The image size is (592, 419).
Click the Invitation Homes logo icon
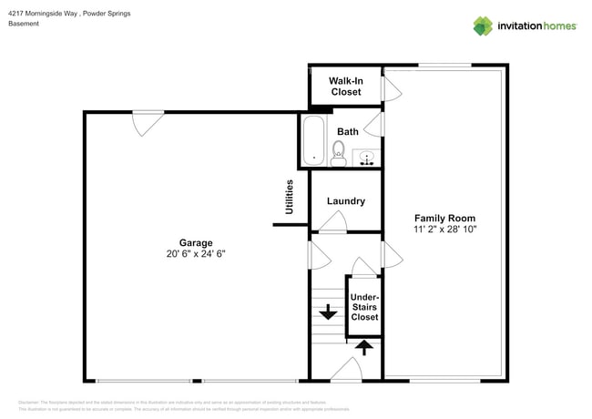click(x=483, y=26)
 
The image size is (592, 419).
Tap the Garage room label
click(x=196, y=243)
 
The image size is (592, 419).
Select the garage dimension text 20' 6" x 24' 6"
click(x=196, y=255)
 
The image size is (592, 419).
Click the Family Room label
click(x=444, y=219)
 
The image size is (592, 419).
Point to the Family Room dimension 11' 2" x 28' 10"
click(x=444, y=230)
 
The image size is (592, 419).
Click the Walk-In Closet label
click(x=345, y=87)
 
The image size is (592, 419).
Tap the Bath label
click(x=348, y=132)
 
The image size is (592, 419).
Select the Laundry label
click(x=346, y=201)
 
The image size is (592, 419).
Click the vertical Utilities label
click(x=290, y=197)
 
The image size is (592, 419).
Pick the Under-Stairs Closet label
click(x=364, y=307)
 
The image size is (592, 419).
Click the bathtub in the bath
click(x=313, y=142)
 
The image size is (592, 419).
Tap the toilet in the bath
click(x=339, y=151)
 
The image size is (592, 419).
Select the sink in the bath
click(x=367, y=158)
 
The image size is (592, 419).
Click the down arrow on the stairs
click(x=325, y=312)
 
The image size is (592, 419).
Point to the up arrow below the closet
click(x=363, y=346)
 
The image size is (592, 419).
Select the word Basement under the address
click(x=24, y=24)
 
